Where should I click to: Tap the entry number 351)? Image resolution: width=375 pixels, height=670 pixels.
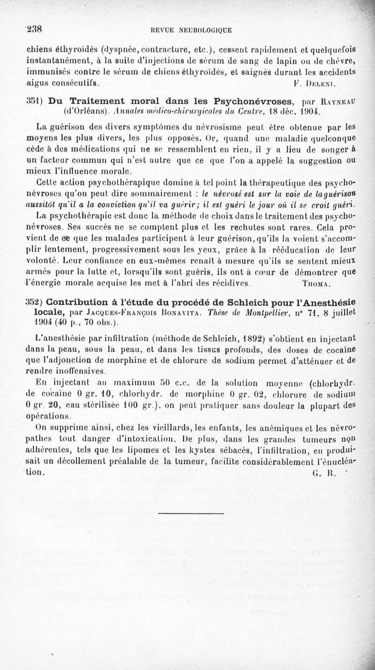coord(35,102)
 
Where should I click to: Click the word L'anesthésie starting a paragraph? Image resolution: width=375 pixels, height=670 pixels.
coord(60,336)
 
